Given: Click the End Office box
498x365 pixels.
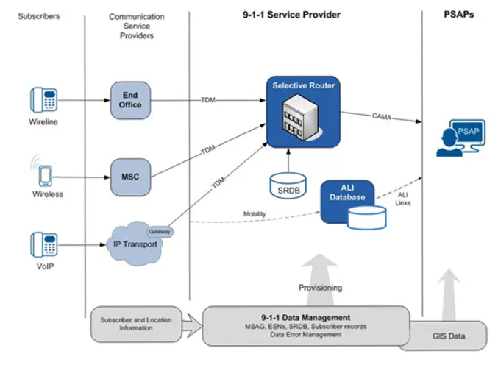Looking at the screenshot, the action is [x=130, y=100].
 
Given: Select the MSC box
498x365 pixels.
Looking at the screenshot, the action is [x=130, y=177].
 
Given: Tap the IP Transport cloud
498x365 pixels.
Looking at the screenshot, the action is [x=135, y=244].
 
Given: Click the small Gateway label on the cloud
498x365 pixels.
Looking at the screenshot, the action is [x=160, y=232].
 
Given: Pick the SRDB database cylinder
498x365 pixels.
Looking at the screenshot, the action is [x=288, y=186].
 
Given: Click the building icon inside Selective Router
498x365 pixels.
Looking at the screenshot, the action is [x=301, y=117].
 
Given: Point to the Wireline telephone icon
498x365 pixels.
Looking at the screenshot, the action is [x=44, y=100].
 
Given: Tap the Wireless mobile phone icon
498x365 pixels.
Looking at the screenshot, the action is [x=45, y=176].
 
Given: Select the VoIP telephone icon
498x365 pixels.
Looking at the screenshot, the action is [x=44, y=244].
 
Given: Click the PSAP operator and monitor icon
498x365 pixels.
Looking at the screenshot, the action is [x=460, y=138].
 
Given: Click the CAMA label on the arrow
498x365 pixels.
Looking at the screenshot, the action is [x=382, y=116].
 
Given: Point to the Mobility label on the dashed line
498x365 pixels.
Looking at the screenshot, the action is [x=255, y=214].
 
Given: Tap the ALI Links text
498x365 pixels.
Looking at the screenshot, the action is [x=402, y=199].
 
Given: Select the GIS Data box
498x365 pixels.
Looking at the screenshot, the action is [x=449, y=336].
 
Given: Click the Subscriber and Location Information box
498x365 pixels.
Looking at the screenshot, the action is [x=136, y=324].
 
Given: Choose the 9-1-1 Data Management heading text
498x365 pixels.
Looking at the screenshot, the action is [x=306, y=318].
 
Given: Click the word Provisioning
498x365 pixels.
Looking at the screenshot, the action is [x=321, y=288].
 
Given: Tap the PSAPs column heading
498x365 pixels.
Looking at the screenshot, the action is [x=459, y=14].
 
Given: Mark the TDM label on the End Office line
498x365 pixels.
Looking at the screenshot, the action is [x=208, y=100].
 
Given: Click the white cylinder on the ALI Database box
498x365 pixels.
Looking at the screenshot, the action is [x=367, y=218].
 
